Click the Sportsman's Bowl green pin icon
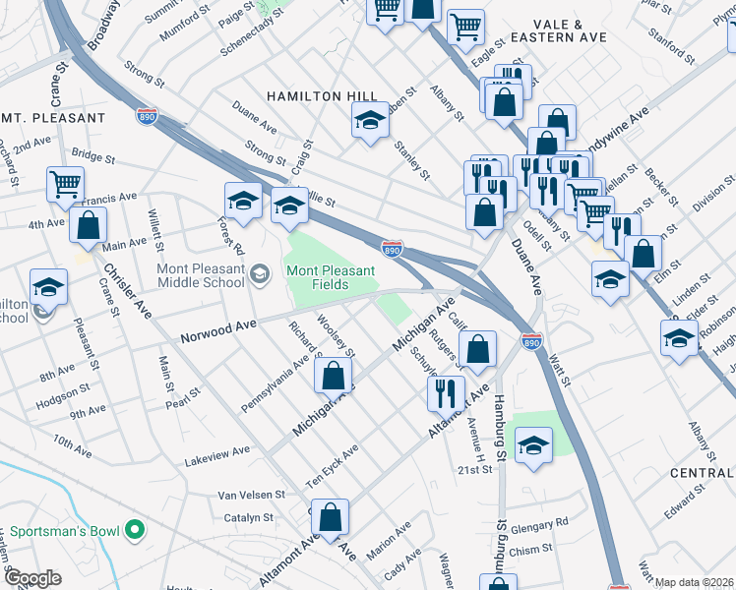[x=136, y=532]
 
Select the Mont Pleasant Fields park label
[x=331, y=277]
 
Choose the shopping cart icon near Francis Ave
[x=65, y=183]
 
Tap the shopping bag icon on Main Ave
[x=89, y=224]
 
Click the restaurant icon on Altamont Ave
[x=446, y=393]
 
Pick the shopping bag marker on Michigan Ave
[x=334, y=375]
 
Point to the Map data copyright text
[x=694, y=582]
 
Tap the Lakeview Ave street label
[x=217, y=456]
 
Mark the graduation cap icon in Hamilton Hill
[x=370, y=122]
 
